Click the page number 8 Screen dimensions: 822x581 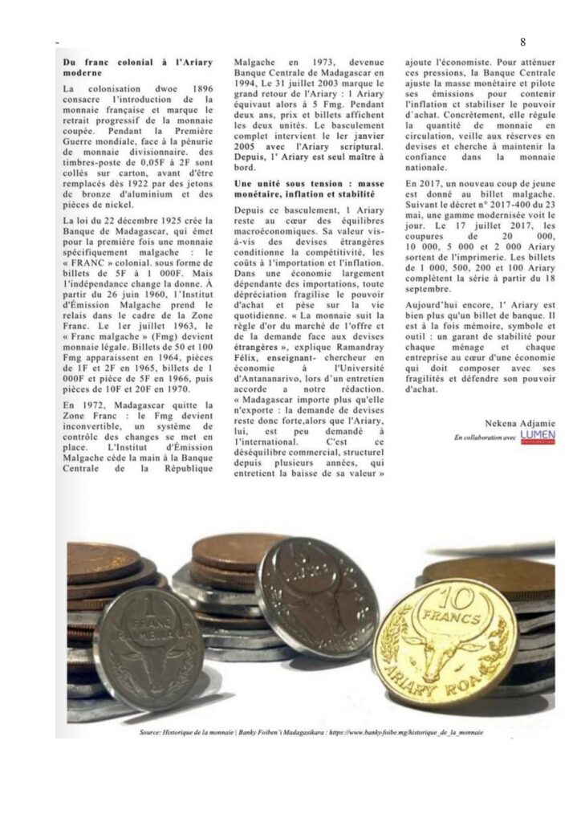click(522, 41)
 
